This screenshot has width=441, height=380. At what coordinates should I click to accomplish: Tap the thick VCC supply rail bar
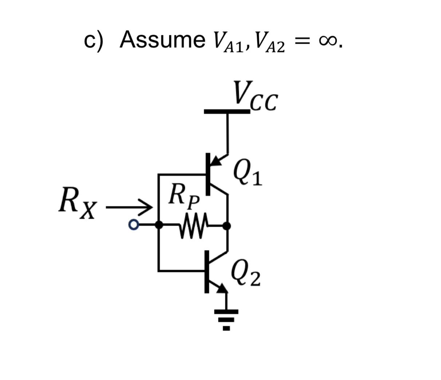click(227, 111)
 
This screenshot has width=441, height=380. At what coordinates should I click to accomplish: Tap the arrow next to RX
click(129, 208)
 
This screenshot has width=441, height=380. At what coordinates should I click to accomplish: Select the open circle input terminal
click(134, 226)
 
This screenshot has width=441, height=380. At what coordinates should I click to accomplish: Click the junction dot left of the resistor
click(159, 225)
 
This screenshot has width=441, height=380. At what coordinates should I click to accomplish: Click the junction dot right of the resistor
click(227, 226)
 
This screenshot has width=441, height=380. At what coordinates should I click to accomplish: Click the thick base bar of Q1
click(208, 174)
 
